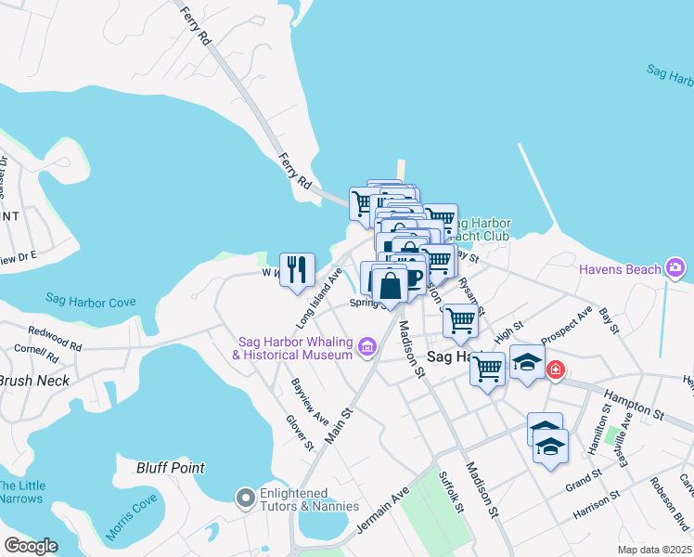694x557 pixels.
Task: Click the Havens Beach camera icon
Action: tap(675, 269)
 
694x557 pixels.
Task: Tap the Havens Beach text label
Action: tap(620, 269)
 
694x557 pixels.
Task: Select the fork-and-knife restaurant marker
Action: tap(297, 270)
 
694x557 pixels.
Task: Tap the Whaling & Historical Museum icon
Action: tap(367, 348)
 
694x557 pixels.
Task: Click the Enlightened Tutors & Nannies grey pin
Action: tap(246, 499)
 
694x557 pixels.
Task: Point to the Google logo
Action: tap(32, 546)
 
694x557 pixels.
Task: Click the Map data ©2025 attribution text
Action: tap(655, 550)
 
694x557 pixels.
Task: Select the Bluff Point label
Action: tap(171, 468)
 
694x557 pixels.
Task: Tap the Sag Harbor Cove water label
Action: tap(91, 301)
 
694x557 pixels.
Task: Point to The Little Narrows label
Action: tap(20, 492)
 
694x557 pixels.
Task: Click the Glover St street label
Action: tap(301, 433)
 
